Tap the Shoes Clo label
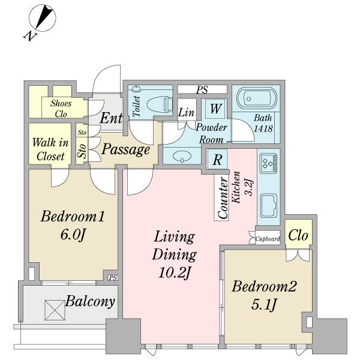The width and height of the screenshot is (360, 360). (61, 108)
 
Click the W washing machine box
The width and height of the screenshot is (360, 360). (216, 109)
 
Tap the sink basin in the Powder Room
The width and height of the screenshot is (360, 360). (182, 155)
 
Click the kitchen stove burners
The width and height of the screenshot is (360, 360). (267, 162)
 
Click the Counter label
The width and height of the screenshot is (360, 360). (223, 197)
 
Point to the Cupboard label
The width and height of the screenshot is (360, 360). (268, 238)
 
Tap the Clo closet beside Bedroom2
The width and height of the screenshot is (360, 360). (298, 235)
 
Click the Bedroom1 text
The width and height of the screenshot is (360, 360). (73, 217)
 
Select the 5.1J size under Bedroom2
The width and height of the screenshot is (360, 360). (264, 305)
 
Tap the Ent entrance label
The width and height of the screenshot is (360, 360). (112, 119)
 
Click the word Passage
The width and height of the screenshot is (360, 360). (125, 149)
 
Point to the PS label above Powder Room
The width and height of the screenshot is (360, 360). (202, 89)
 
